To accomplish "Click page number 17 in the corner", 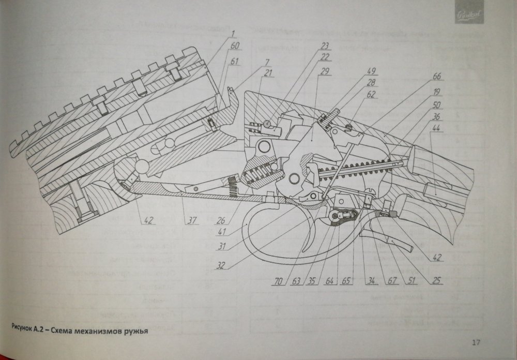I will (x=476, y=341).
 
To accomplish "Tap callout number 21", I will (x=267, y=73).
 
